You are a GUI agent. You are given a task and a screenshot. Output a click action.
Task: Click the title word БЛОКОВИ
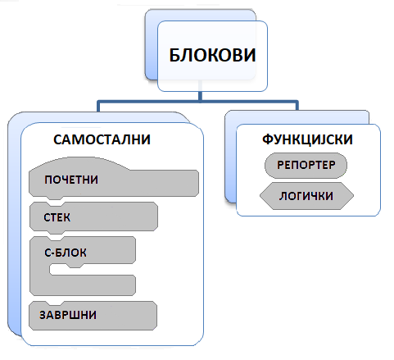(x=212, y=55)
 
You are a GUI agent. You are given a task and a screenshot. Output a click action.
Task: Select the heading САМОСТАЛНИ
(x=102, y=139)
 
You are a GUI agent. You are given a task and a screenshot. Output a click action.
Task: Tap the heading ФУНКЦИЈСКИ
(x=307, y=139)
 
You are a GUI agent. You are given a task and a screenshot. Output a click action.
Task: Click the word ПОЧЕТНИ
(x=71, y=180)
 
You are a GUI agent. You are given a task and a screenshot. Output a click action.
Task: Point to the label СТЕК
(x=57, y=217)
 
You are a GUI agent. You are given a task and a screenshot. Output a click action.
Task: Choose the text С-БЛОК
(x=66, y=253)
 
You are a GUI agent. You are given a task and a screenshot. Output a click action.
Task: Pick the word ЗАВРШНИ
(x=68, y=315)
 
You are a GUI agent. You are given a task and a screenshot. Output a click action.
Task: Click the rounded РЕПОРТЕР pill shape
(x=306, y=166)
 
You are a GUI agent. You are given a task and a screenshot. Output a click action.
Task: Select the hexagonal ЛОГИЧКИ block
(x=306, y=196)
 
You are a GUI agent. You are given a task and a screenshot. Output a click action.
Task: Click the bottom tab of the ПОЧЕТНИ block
(x=55, y=198)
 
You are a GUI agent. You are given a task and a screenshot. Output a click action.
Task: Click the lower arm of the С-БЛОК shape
(x=83, y=285)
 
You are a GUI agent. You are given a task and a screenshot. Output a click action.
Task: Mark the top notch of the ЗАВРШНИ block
(x=55, y=303)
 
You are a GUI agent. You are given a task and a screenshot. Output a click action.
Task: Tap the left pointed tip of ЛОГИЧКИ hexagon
(x=260, y=196)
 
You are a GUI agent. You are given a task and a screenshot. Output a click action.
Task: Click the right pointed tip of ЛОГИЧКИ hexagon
(x=353, y=196)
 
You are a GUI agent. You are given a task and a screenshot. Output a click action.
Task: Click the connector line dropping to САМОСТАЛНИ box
(x=98, y=107)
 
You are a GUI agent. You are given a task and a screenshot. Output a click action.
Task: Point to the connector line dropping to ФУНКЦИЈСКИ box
(x=297, y=106)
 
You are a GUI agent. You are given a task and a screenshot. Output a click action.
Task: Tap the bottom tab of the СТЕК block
(x=56, y=232)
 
